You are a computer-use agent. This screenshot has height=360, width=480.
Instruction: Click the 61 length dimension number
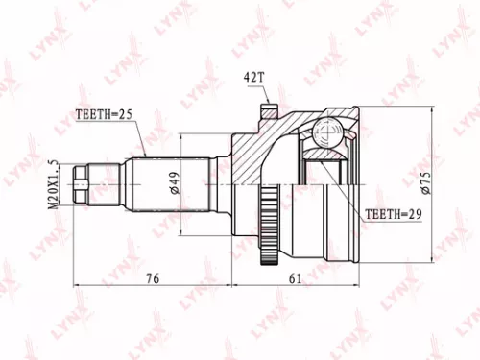click(294, 278)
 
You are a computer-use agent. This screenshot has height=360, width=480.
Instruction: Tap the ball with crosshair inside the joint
click(326, 130)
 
